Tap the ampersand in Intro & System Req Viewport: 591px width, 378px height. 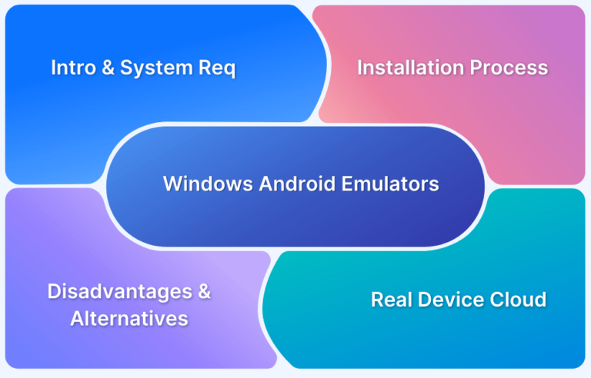click(x=105, y=68)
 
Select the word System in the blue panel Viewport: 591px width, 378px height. click(x=154, y=68)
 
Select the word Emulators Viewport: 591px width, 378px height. click(x=392, y=184)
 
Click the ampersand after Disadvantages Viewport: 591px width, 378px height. click(x=202, y=292)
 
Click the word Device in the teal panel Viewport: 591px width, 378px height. click(x=449, y=300)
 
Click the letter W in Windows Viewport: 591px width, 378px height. click(x=172, y=184)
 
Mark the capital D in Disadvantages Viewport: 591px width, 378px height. click(x=54, y=292)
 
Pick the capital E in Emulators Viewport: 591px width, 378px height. click(x=352, y=184)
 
